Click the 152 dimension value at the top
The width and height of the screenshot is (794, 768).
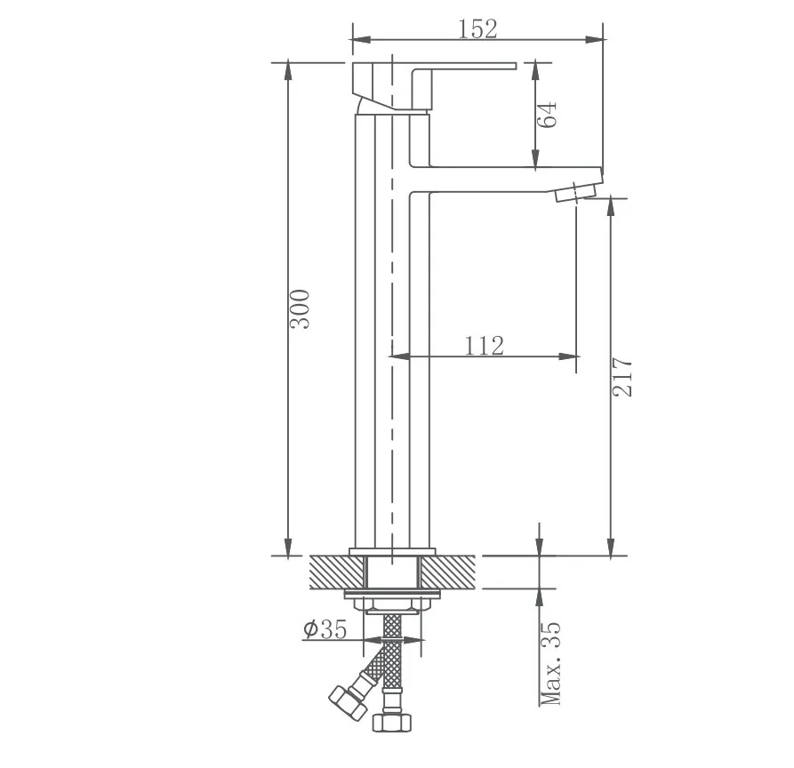(x=477, y=28)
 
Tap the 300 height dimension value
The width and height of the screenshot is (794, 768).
(x=300, y=308)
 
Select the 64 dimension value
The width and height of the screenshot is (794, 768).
(x=547, y=115)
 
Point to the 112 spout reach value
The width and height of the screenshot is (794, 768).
(x=484, y=345)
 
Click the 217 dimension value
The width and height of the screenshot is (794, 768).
(x=622, y=377)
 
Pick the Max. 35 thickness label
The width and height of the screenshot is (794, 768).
(x=551, y=663)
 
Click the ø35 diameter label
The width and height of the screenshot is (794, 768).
(x=325, y=628)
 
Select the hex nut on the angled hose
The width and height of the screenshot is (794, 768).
(x=348, y=702)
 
